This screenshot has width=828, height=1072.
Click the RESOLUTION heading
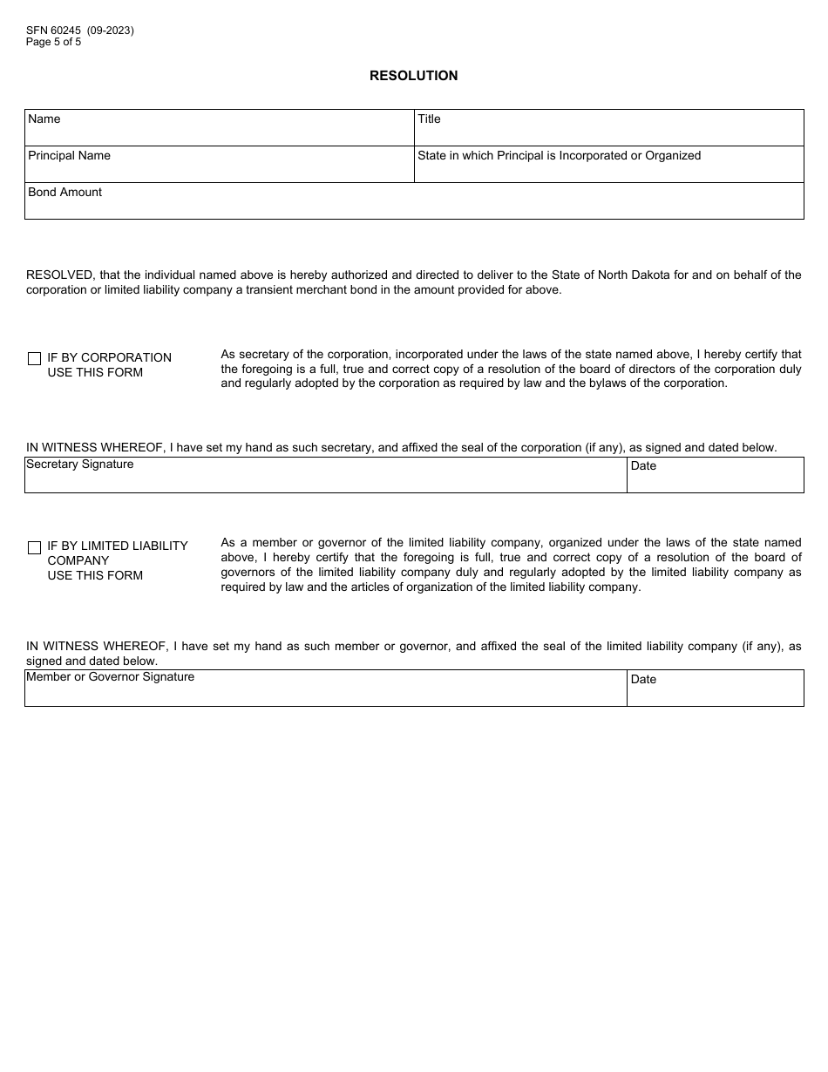coord(413,76)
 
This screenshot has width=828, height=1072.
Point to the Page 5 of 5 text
coord(54,42)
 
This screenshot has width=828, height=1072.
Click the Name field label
coord(44,119)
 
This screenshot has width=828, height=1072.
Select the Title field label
coord(429,119)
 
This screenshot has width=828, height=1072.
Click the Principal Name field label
coord(69,156)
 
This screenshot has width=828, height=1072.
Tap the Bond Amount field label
coord(64,193)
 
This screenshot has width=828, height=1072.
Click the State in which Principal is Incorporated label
coord(559,156)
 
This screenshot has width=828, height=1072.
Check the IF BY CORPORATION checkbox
coord(35,358)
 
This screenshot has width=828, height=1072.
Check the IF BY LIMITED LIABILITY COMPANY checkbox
coord(35,547)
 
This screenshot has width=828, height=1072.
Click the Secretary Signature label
coord(80,465)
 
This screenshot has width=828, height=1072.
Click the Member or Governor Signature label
coord(111,677)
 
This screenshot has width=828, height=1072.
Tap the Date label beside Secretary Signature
coord(643,466)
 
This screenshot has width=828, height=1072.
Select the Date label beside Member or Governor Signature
coord(643,680)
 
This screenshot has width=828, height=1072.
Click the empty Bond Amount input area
coord(413,207)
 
